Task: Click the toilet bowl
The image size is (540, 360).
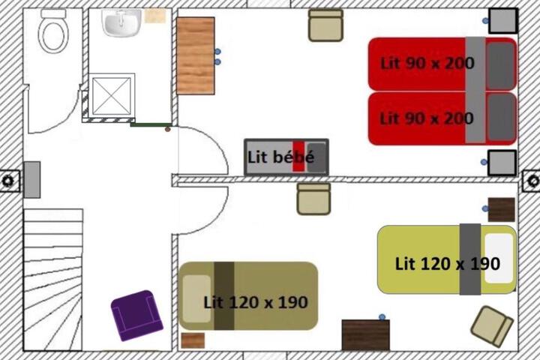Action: click(x=53, y=34)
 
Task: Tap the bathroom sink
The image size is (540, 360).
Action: click(x=121, y=22)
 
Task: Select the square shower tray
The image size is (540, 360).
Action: click(x=112, y=95)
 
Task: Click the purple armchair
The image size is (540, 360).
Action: click(x=136, y=315)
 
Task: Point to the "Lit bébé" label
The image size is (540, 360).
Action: click(x=280, y=157)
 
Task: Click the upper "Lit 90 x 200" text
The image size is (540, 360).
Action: click(x=427, y=64)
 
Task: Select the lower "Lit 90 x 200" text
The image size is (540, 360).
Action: click(x=427, y=118)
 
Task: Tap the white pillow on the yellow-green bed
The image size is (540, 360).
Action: click(x=499, y=258)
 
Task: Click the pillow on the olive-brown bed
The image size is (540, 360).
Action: click(x=196, y=298)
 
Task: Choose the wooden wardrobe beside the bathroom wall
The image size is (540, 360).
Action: click(x=196, y=55)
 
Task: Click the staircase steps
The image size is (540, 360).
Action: click(x=53, y=280)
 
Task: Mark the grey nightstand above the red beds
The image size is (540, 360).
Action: click(x=502, y=21)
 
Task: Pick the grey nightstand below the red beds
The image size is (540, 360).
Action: click(x=502, y=163)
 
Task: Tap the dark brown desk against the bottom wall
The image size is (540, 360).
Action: click(x=366, y=334)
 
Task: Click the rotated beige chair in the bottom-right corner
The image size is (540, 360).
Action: click(x=492, y=325)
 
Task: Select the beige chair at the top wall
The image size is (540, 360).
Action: click(x=325, y=25)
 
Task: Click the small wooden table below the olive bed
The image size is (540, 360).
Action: click(x=193, y=340)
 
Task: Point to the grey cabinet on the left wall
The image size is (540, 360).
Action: click(x=32, y=180)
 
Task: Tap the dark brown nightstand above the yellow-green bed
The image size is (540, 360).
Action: click(x=502, y=209)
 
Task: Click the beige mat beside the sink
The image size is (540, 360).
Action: click(x=155, y=16)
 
